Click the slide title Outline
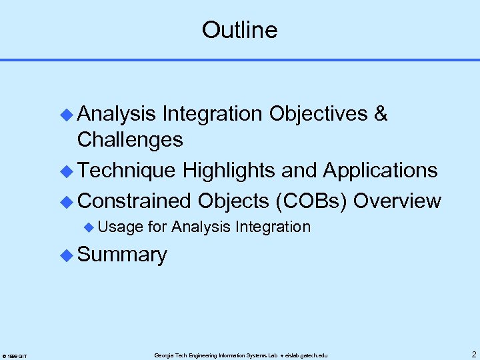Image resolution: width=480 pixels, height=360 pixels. (x=239, y=30)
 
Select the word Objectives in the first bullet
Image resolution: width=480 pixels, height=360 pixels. (x=318, y=114)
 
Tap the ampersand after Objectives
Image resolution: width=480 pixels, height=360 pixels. (x=381, y=114)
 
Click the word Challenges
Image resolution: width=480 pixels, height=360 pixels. (x=130, y=140)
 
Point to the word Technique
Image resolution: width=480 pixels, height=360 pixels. (x=127, y=171)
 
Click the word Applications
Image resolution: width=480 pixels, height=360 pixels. (x=380, y=171)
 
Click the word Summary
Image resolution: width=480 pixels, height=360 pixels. (x=122, y=255)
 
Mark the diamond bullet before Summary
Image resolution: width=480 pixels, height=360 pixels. (x=66, y=255)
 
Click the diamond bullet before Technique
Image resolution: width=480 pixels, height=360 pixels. (x=66, y=171)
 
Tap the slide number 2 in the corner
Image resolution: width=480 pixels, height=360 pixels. (x=473, y=354)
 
